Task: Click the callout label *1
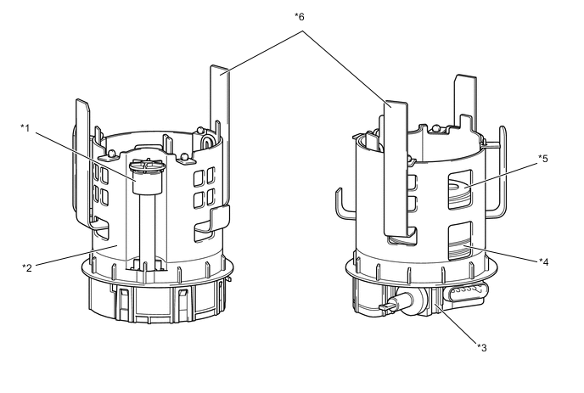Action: click(25, 128)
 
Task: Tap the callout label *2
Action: click(27, 267)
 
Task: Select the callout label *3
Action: click(482, 347)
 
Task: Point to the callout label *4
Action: click(544, 262)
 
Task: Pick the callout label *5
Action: click(543, 159)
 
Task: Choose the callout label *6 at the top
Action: click(300, 17)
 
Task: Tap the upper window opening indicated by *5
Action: click(459, 189)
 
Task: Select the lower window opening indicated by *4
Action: click(460, 241)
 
